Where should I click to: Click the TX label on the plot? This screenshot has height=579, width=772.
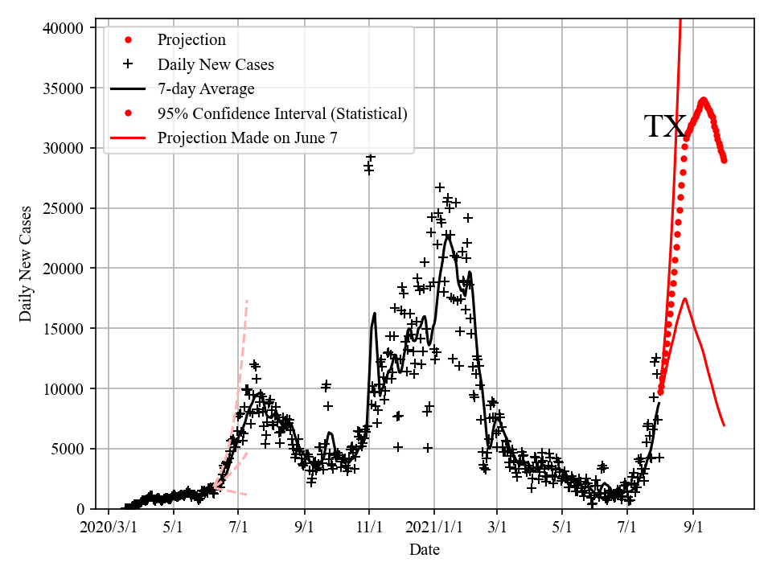[x=664, y=127]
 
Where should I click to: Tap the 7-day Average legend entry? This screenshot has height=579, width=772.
[x=206, y=88]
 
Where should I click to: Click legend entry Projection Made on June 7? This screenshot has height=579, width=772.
[x=248, y=138]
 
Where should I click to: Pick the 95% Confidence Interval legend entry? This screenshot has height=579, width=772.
[x=282, y=113]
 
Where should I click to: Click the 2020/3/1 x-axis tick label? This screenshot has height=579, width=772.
[x=109, y=528]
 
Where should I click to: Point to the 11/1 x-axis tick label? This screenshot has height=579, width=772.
[x=369, y=528]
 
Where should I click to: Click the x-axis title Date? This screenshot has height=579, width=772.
[x=425, y=550]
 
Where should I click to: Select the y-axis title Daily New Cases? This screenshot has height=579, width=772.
[x=27, y=264]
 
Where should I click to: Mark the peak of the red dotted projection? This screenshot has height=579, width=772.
[x=703, y=101]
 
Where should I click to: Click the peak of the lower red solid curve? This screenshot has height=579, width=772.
[x=684, y=298]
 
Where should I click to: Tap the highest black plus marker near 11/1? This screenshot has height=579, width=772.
[x=371, y=158]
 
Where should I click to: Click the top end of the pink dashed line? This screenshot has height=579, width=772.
[x=246, y=300]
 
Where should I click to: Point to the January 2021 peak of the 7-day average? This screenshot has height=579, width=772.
[x=448, y=234]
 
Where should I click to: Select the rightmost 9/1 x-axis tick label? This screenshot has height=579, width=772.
[x=693, y=528]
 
